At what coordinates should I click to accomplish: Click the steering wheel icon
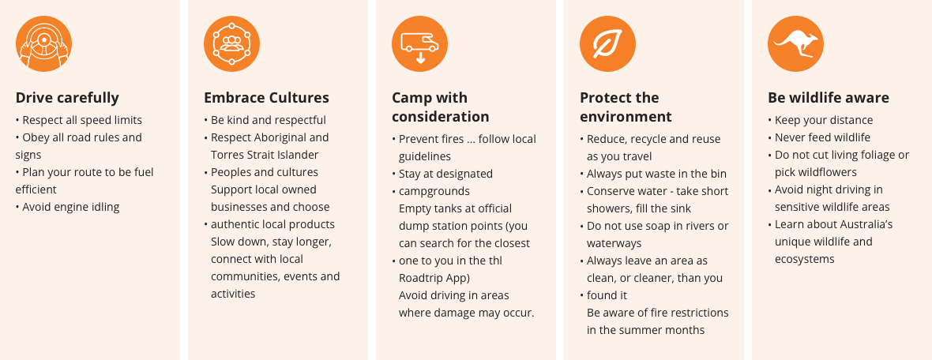click(44, 44)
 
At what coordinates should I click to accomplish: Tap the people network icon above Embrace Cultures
click(231, 44)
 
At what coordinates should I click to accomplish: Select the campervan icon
click(419, 44)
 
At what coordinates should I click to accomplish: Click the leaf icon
click(607, 44)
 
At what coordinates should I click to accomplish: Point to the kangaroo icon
click(795, 44)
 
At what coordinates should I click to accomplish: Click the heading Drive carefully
click(67, 97)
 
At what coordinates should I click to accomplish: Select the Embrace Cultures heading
click(266, 97)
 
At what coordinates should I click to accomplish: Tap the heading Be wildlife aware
click(829, 97)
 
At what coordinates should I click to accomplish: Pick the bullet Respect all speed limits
click(78, 120)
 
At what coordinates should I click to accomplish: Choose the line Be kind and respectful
click(265, 120)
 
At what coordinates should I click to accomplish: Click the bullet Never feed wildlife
click(819, 137)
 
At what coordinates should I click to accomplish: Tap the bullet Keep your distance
click(821, 120)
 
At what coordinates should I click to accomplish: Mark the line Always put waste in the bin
click(653, 174)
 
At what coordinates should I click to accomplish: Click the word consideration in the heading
click(441, 116)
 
